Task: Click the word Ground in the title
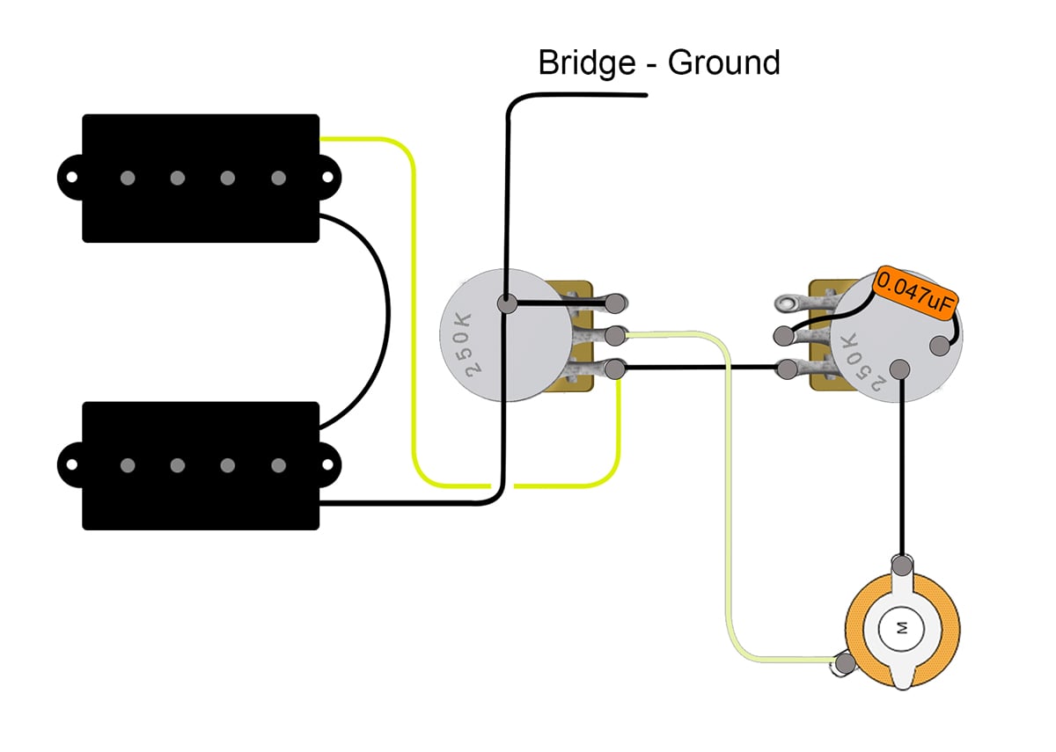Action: tap(723, 63)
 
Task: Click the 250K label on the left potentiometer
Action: tap(466, 344)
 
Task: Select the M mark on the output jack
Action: tap(901, 628)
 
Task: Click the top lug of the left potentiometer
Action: tap(617, 303)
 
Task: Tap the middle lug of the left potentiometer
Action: tap(617, 335)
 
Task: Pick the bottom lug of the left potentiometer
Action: tap(617, 369)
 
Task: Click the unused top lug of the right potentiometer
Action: tap(782, 304)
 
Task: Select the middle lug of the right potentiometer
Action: tap(782, 336)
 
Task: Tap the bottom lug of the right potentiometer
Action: tap(782, 369)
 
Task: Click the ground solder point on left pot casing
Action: tap(507, 304)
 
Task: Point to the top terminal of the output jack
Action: tap(901, 563)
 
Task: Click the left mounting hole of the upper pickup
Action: tap(69, 178)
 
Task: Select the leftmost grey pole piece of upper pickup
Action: tap(128, 179)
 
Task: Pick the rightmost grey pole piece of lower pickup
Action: tap(278, 465)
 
